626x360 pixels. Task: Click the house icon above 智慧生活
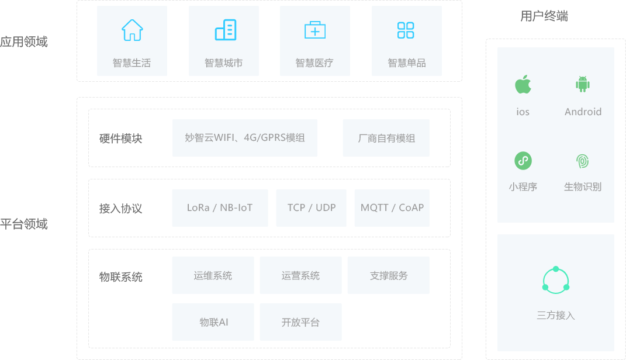(132, 30)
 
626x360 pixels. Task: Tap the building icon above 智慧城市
(226, 30)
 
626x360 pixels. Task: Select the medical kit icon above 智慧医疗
(315, 30)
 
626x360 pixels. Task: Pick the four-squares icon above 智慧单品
(406, 30)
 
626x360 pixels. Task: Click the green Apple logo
(523, 84)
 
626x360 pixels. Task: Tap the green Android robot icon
(583, 84)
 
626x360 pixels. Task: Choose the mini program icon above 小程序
(523, 161)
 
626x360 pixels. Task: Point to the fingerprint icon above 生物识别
(583, 161)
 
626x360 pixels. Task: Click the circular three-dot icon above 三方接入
(556, 280)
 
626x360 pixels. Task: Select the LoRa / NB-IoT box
(220, 208)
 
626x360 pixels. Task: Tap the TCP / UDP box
(312, 208)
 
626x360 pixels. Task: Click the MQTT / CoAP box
(392, 208)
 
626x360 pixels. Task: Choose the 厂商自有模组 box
(386, 138)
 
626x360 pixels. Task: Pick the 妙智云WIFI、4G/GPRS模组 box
(245, 138)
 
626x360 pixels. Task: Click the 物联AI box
(213, 322)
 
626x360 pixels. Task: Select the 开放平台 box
(300, 322)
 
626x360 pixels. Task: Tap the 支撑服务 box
(389, 275)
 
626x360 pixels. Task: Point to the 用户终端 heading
(544, 16)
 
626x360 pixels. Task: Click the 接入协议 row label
(120, 208)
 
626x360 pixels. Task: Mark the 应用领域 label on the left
(23, 41)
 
